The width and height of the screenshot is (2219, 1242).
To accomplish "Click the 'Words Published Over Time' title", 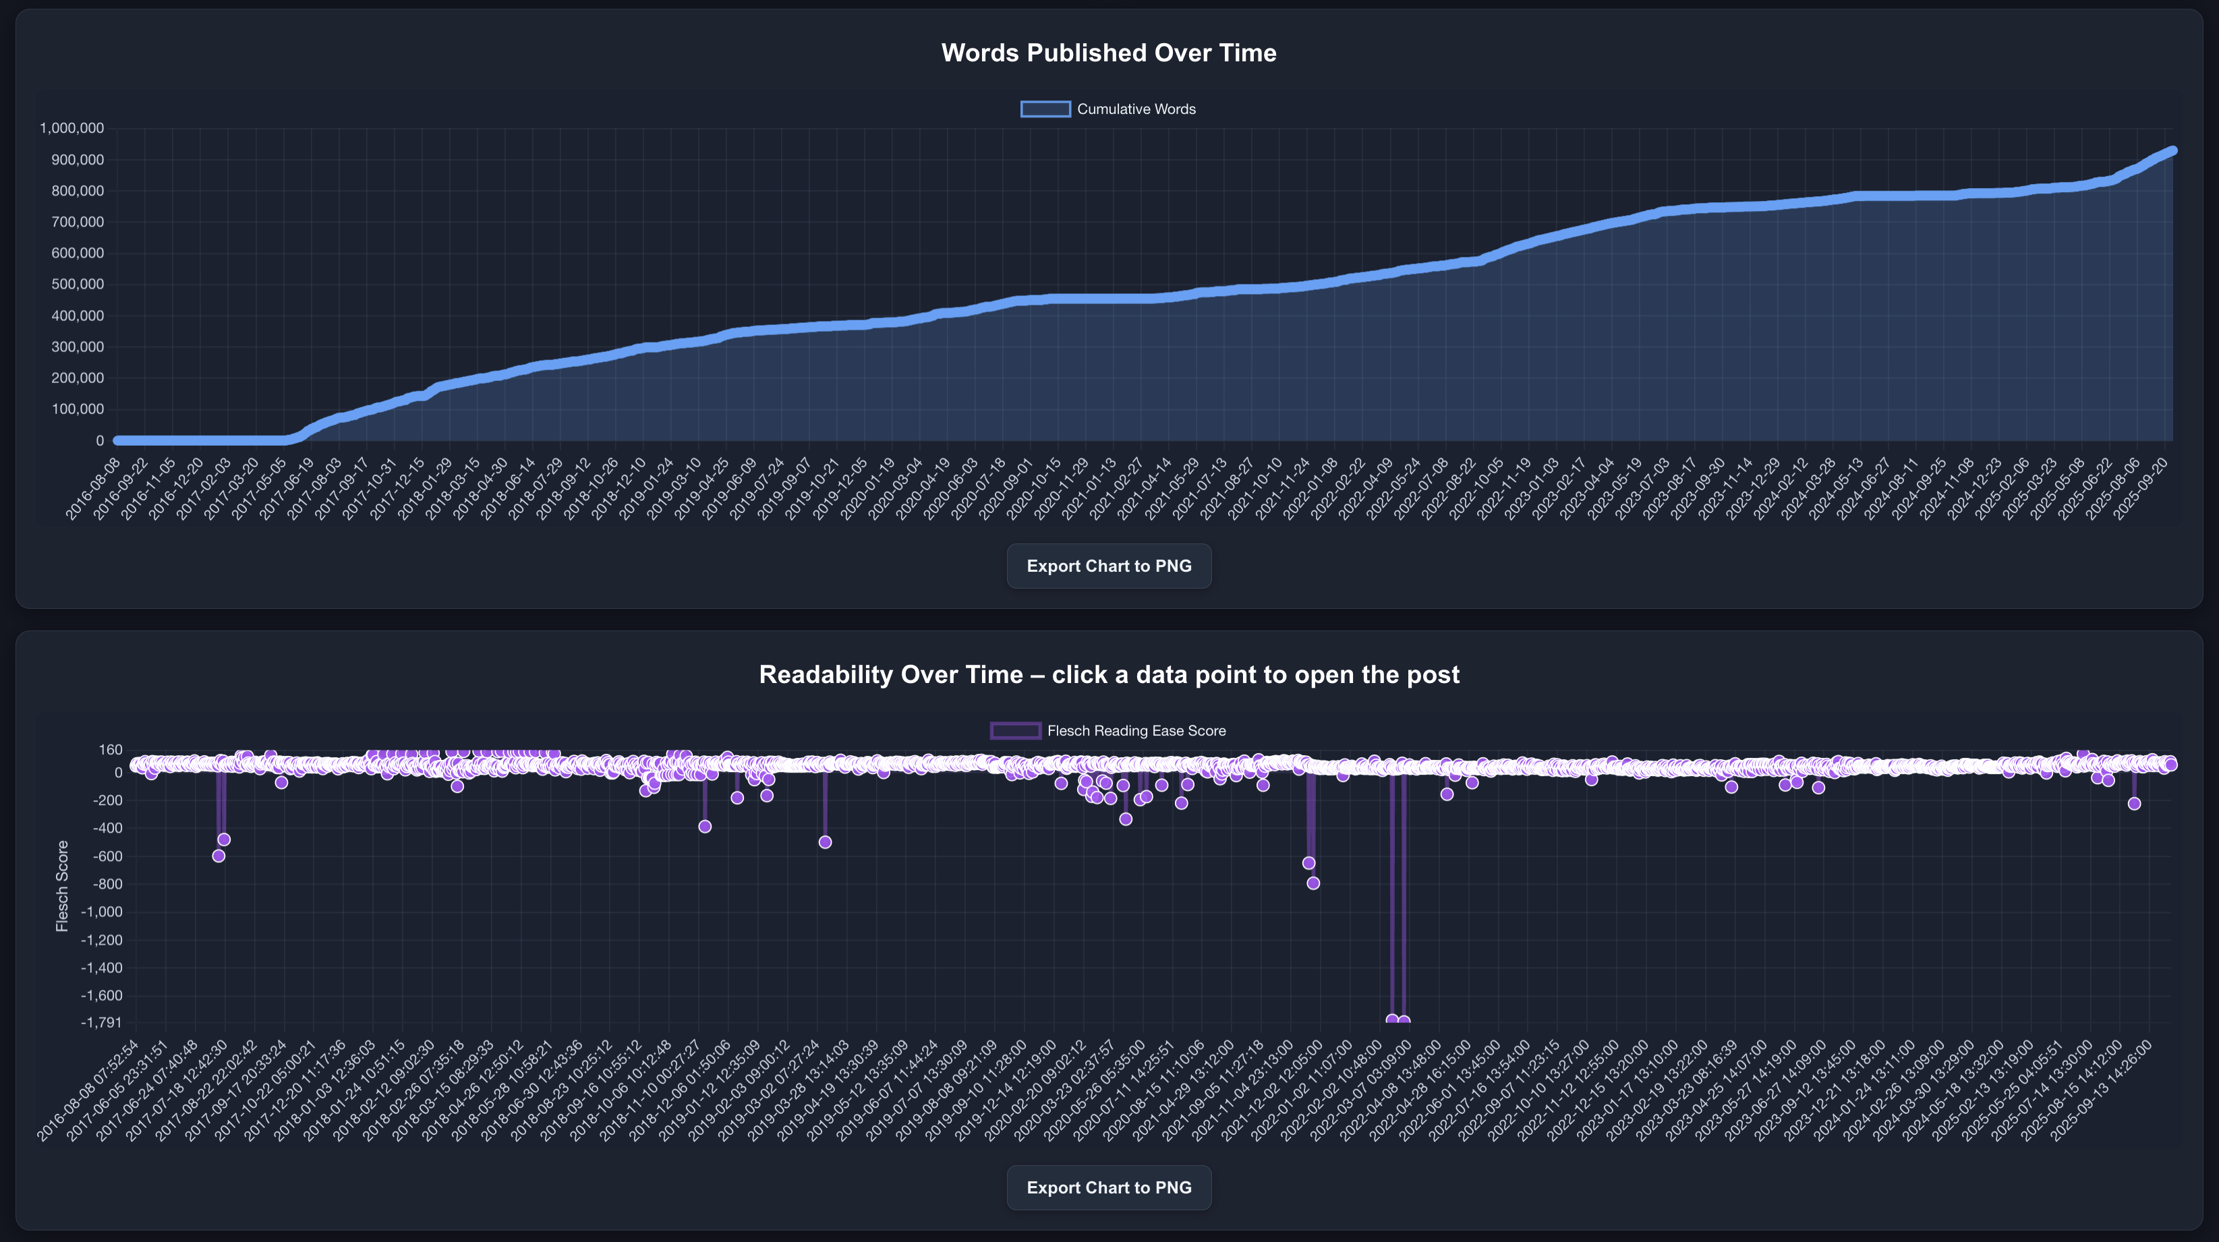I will click(x=1109, y=53).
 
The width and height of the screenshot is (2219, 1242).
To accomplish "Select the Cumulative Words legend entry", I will click(x=1109, y=109).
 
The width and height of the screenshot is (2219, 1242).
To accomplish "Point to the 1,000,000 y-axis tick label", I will click(x=71, y=128).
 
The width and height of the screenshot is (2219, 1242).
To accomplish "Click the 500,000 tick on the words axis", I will click(x=78, y=285).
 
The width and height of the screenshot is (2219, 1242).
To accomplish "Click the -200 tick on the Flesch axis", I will click(x=105, y=801).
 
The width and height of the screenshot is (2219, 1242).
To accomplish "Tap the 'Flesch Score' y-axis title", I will click(x=62, y=886).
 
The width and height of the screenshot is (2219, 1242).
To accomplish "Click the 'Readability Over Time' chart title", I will click(x=1109, y=674).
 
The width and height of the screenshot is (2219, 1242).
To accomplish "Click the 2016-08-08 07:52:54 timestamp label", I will click(x=88, y=1090).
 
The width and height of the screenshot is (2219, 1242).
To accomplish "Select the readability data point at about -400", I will click(x=705, y=827).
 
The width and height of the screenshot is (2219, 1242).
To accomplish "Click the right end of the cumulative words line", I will click(x=2172, y=151).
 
